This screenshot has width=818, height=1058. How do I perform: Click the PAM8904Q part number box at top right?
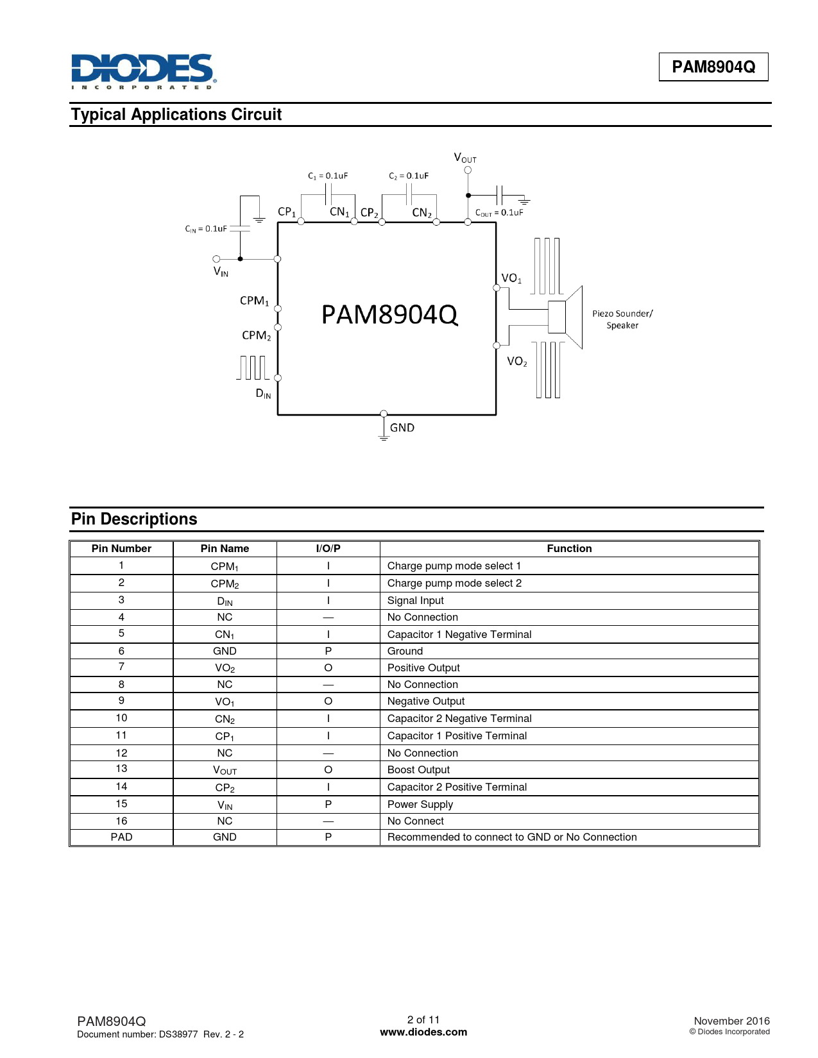[x=713, y=67]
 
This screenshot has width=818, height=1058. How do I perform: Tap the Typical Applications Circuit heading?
[x=176, y=115]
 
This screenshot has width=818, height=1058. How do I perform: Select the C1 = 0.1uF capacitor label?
[x=328, y=176]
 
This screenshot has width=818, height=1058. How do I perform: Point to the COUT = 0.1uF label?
[x=499, y=213]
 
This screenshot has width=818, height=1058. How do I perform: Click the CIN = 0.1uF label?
[x=206, y=229]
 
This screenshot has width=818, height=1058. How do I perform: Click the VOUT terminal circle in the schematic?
[x=468, y=171]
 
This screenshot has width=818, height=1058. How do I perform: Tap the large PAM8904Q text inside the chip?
[x=389, y=315]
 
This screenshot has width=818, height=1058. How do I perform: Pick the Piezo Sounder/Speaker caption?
[x=622, y=319]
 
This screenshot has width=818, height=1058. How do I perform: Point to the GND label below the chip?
[x=402, y=428]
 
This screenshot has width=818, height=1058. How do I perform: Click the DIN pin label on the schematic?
[x=263, y=394]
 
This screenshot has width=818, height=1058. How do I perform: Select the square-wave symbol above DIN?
[x=253, y=367]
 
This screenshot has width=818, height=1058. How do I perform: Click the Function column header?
[x=569, y=549]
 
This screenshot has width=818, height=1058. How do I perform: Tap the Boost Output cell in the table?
[x=418, y=770]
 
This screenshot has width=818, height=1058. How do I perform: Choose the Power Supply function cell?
[x=420, y=805]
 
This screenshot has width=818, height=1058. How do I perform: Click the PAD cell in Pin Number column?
[x=121, y=837]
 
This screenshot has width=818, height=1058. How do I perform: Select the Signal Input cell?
[x=416, y=601]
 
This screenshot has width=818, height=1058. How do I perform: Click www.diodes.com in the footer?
[x=423, y=1032]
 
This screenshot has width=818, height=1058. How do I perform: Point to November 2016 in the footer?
[x=731, y=1021]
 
